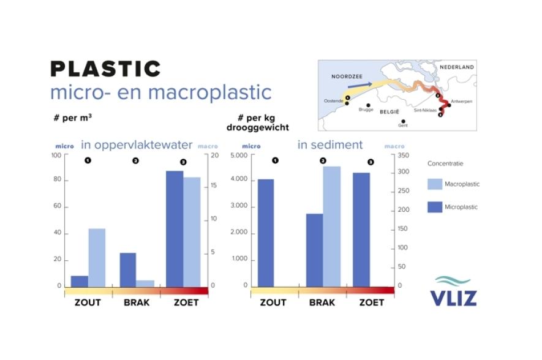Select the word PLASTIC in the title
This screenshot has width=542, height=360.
pos(105,69)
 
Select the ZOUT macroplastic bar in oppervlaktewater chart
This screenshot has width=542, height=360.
pos(97,257)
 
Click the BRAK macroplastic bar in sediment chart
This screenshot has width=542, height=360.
pos(332,226)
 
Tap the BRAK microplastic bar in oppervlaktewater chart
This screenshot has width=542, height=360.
pos(128,269)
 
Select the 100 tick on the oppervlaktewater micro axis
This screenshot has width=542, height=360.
pos(56,156)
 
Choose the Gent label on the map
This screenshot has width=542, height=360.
pos(402,125)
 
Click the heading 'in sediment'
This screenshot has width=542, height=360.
pos(330,145)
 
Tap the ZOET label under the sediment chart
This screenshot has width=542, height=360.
pos(371,302)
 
